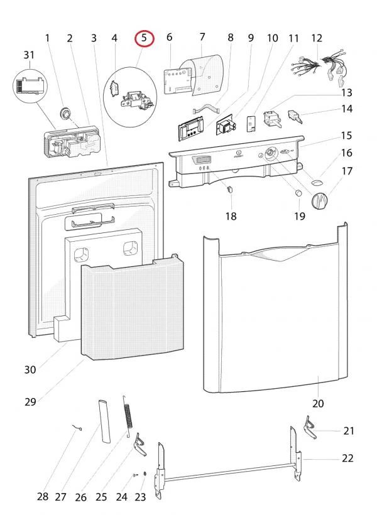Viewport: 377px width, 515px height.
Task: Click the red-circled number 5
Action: click(145, 38)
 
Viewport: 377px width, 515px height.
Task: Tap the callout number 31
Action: click(29, 55)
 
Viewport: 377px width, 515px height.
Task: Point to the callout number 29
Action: click(30, 402)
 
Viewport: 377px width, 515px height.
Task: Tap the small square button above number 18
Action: click(229, 187)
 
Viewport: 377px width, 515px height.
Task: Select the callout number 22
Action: click(347, 458)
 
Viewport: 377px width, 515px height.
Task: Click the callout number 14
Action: click(347, 109)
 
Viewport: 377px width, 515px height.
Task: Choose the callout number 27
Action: click(60, 497)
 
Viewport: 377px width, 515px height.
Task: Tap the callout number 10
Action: click(272, 38)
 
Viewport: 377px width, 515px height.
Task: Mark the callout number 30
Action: click(30, 370)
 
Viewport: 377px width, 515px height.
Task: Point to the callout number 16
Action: click(347, 153)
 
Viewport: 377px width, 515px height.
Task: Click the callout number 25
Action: click(101, 497)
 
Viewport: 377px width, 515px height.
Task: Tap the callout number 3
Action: click(94, 38)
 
